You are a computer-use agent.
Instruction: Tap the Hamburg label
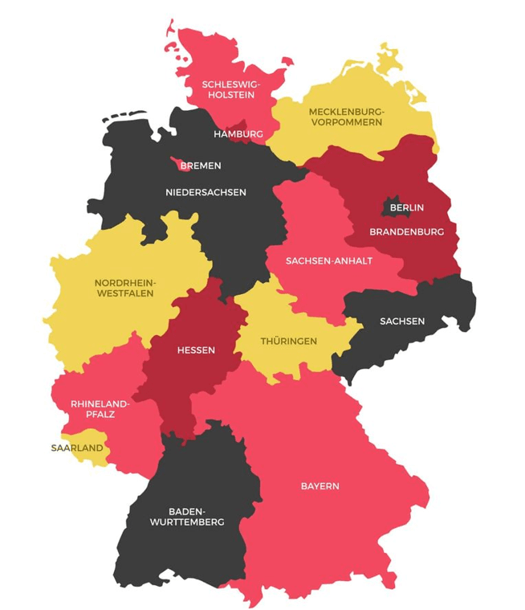pyautogui.click(x=238, y=133)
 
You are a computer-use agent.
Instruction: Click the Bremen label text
pyautogui.click(x=200, y=166)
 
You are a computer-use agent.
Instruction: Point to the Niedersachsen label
pyautogui.click(x=206, y=192)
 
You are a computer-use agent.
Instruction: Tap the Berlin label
pyautogui.click(x=406, y=207)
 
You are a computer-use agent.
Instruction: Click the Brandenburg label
pyautogui.click(x=406, y=231)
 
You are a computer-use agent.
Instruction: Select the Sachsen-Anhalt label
pyautogui.click(x=329, y=260)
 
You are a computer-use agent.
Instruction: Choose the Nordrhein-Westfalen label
pyautogui.click(x=125, y=288)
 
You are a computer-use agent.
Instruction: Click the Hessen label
pyautogui.click(x=196, y=350)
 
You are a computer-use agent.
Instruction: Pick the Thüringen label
pyautogui.click(x=288, y=341)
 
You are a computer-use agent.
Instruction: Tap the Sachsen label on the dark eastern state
pyautogui.click(x=402, y=321)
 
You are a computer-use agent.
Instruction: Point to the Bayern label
pyautogui.click(x=320, y=485)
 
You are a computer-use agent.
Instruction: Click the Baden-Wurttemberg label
pyautogui.click(x=185, y=516)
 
